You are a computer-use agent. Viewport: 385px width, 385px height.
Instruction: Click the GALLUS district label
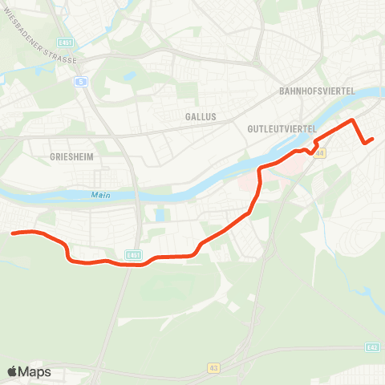201,116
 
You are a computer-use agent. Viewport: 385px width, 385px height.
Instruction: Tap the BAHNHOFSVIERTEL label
317,91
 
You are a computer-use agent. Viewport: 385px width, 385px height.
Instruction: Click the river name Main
100,194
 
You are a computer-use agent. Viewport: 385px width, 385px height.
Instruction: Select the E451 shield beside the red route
133,255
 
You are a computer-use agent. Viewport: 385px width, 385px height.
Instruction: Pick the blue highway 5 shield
81,82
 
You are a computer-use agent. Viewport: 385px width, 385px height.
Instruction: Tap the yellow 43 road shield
213,367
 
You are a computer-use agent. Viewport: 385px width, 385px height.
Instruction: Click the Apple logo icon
13,371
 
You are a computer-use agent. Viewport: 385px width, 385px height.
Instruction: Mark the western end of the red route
13,233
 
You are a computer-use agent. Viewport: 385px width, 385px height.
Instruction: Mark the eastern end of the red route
373,140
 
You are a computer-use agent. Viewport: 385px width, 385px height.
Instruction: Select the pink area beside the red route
249,184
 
